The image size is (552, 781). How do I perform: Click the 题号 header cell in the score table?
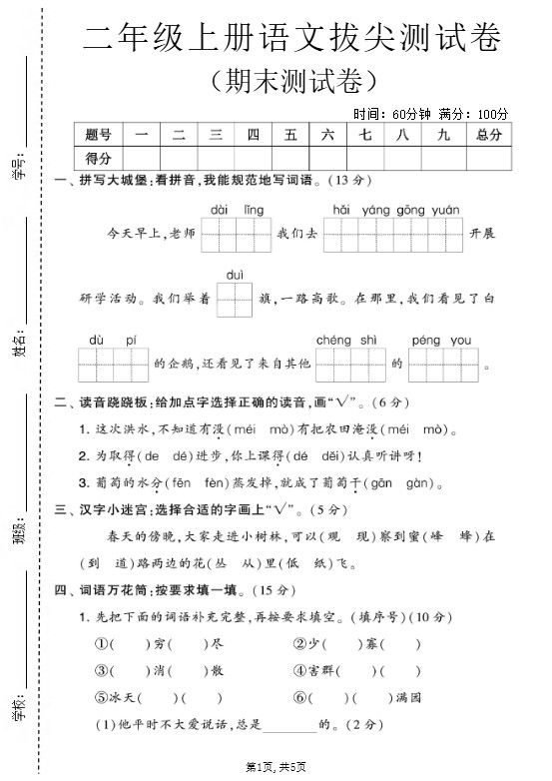(98, 134)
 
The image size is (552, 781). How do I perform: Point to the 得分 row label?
(98, 158)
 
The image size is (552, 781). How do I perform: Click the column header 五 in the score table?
(290, 134)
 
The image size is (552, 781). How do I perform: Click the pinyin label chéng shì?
(345, 341)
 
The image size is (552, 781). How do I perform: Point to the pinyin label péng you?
(440, 341)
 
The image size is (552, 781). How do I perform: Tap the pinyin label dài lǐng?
(238, 210)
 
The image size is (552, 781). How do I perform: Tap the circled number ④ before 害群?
(299, 670)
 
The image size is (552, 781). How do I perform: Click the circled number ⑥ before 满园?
(299, 697)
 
